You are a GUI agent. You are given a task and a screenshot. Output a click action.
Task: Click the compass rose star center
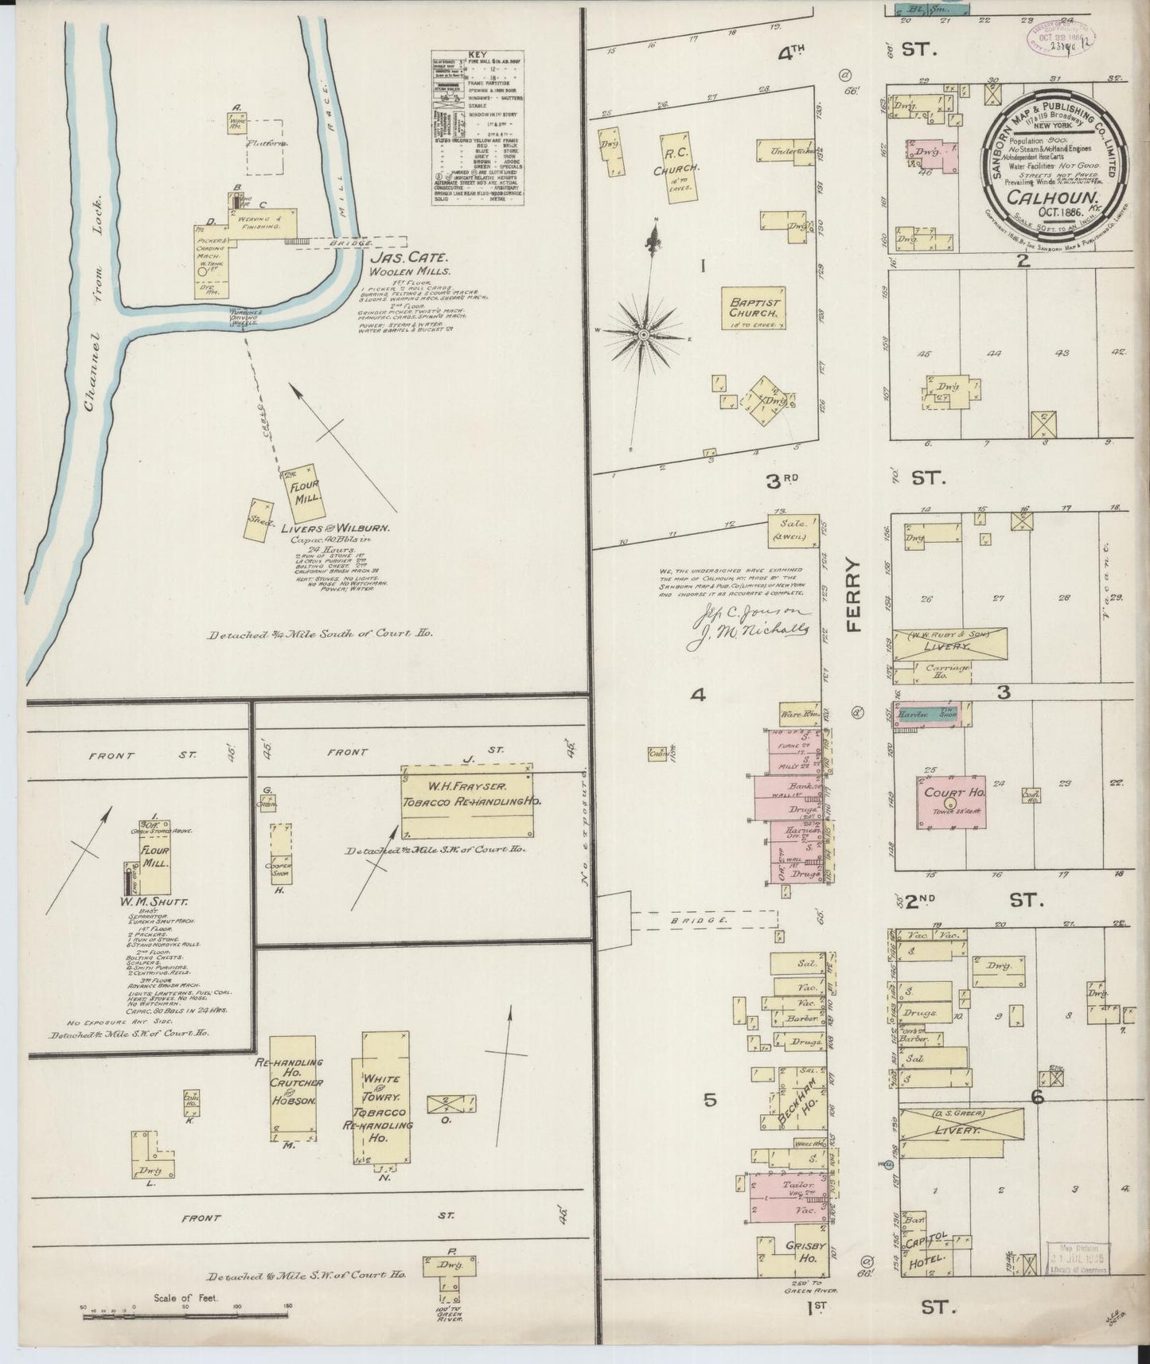643,336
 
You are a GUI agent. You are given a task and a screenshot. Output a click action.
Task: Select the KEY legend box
476,128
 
